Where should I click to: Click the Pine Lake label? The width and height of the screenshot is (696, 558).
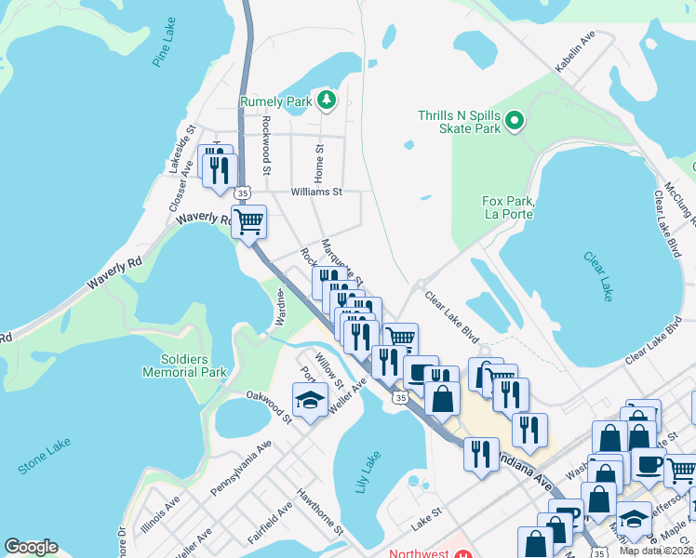(164, 48)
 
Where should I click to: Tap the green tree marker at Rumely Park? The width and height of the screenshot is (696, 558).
(326, 100)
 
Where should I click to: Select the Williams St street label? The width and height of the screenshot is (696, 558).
(317, 193)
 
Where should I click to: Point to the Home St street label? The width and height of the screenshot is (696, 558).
(320, 161)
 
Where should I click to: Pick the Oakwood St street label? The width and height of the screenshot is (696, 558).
(269, 406)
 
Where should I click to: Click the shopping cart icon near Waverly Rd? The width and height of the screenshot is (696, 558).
(248, 222)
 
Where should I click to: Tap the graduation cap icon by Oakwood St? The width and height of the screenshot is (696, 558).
(310, 401)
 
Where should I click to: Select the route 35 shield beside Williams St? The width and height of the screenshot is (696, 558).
(242, 192)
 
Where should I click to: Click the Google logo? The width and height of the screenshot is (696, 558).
(31, 547)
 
